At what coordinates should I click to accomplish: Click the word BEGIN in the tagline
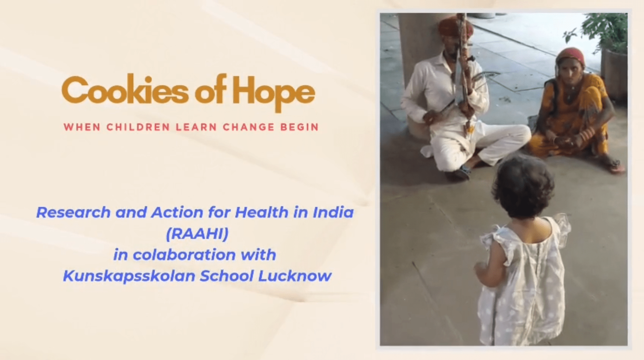(300, 127)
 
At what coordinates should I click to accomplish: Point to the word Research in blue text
(73, 212)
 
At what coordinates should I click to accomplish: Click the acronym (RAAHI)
(197, 233)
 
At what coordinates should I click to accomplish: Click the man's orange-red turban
(455, 26)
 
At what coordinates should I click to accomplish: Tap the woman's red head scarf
(570, 56)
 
